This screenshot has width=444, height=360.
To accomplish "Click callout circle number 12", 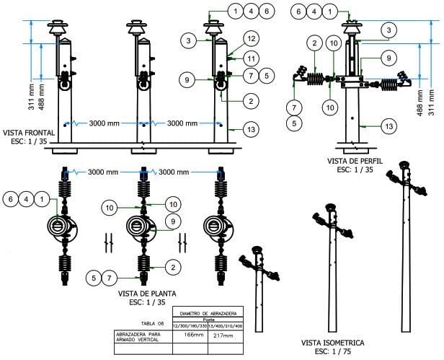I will (251, 37).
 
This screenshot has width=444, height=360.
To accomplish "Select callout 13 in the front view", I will (251, 129).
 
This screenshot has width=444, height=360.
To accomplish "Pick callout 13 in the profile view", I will (389, 126).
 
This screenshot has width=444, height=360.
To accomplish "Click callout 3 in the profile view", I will (389, 30).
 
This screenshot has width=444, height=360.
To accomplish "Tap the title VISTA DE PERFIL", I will (354, 161).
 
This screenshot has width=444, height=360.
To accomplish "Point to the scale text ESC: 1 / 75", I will (334, 351).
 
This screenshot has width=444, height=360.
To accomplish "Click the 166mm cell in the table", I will (190, 334).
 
